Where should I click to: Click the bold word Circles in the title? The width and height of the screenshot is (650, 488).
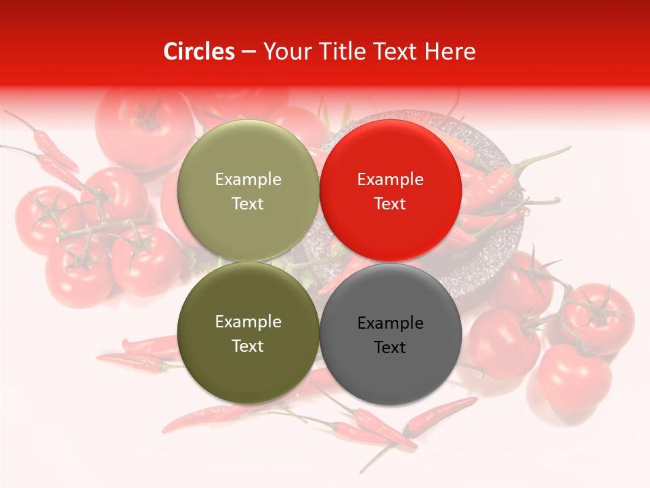[x=198, y=52]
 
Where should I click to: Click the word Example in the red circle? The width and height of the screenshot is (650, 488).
[x=390, y=180]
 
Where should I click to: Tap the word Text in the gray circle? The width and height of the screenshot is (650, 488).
[x=390, y=348]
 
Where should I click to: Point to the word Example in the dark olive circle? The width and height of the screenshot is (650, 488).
[x=248, y=322]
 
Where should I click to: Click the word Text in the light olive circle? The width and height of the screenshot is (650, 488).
[x=248, y=204]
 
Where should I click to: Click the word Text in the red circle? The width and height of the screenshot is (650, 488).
[x=390, y=204]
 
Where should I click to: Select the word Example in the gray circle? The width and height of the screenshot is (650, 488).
[x=390, y=323]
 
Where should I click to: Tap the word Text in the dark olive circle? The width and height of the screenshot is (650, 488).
[x=248, y=346]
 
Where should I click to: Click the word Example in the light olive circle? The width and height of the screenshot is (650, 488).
[x=248, y=180]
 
